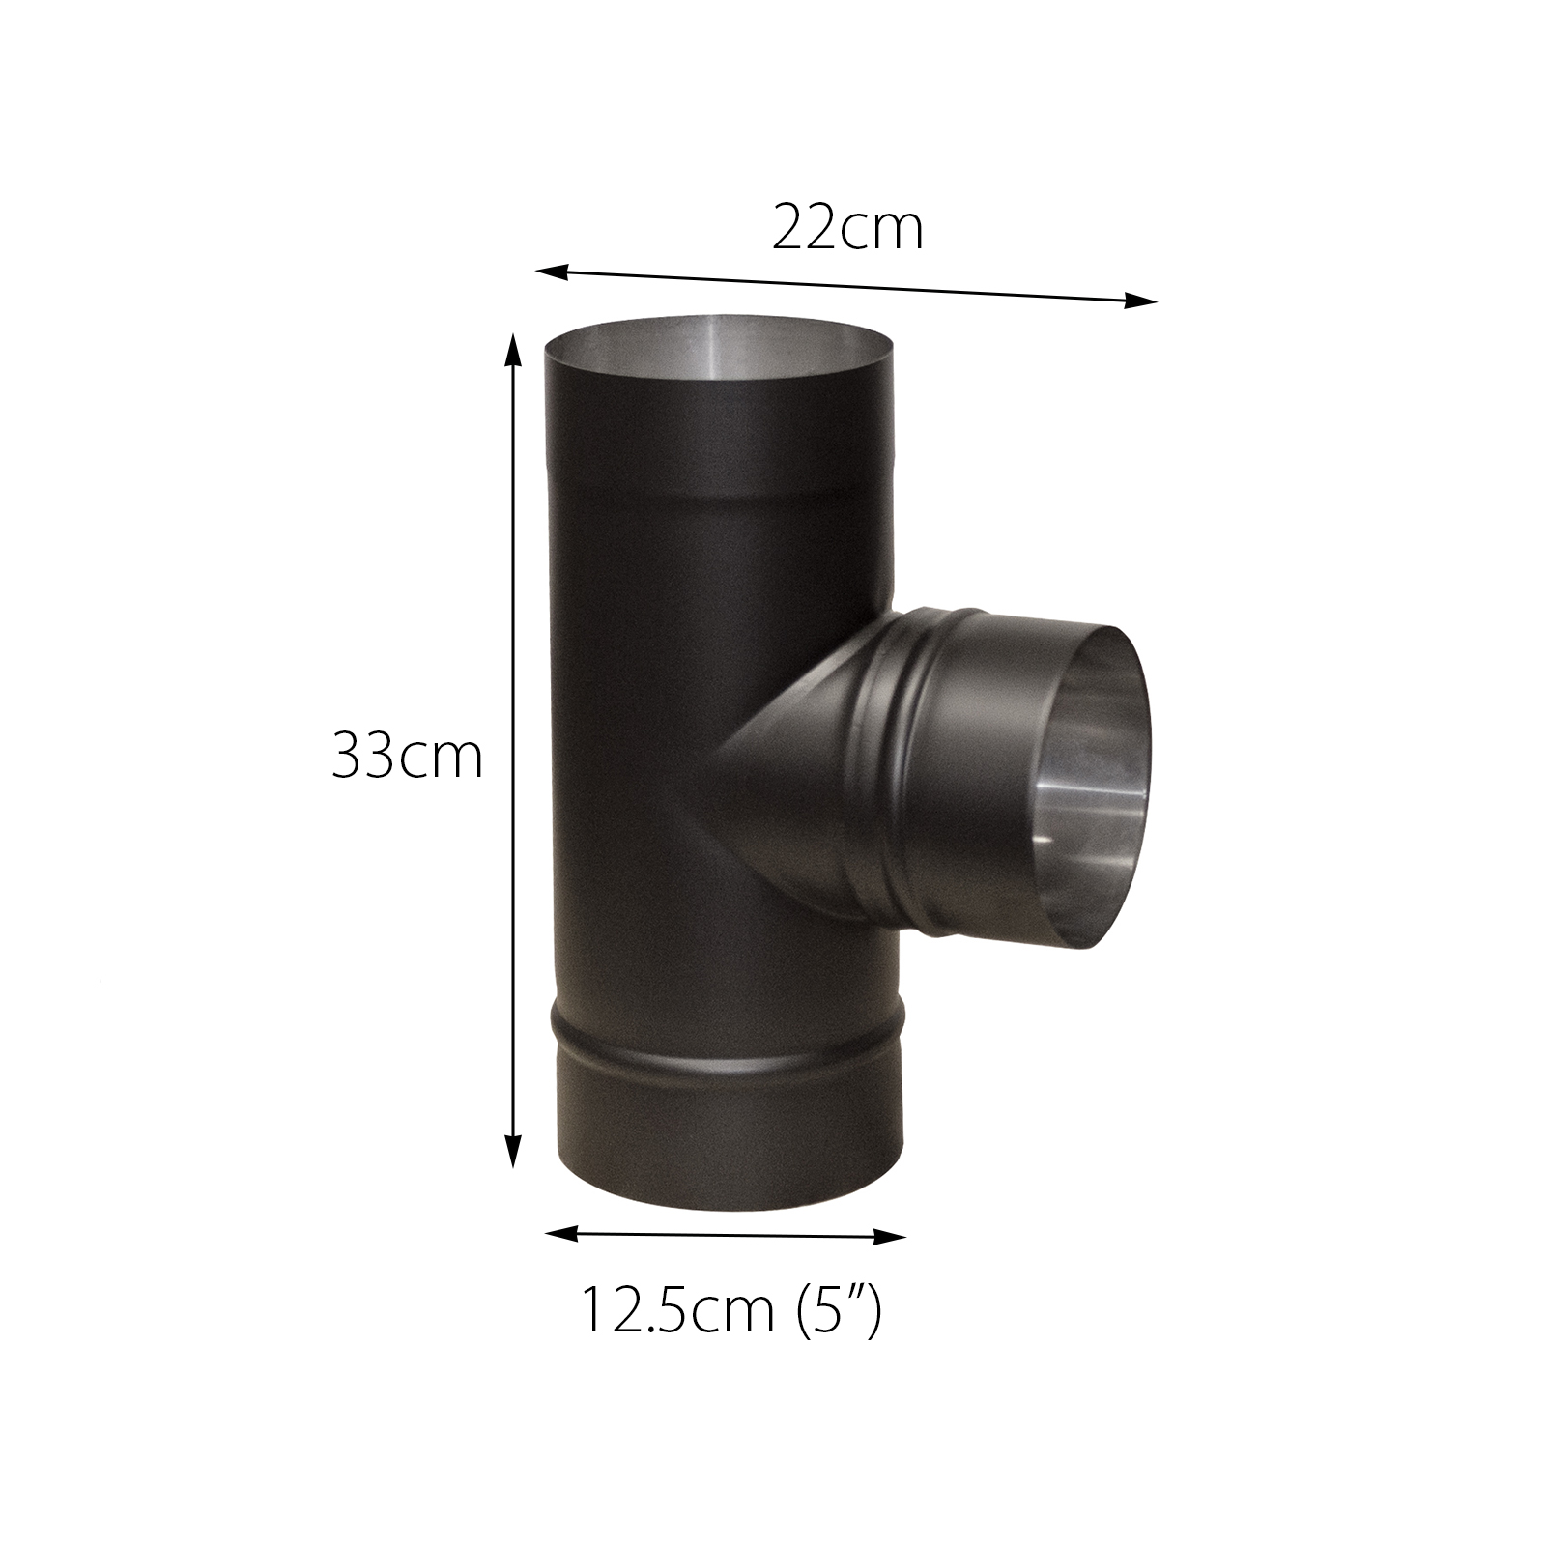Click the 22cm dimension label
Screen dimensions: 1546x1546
point(847,229)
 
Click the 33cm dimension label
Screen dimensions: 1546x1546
point(407,756)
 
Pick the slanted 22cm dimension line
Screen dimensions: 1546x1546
point(846,287)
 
